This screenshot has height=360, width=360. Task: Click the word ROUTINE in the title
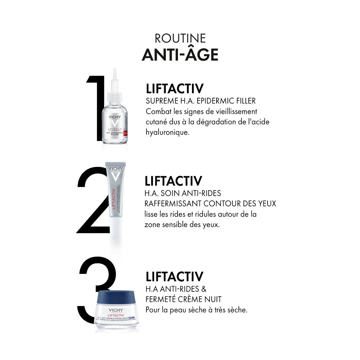pos(180,38)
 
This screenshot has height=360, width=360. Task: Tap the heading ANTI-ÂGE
pos(180,55)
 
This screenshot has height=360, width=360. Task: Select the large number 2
pos(92,204)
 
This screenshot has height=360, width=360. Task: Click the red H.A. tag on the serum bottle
pos(125,133)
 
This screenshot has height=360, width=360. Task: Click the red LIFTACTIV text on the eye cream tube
pos(113,197)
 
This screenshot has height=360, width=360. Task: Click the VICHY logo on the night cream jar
pos(116,310)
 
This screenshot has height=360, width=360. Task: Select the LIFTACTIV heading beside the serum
pos(174,89)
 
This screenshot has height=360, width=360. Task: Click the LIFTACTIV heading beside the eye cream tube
pos(173,181)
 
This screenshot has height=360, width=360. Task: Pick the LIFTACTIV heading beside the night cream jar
pos(174,277)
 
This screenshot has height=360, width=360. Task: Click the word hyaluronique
pos(165,133)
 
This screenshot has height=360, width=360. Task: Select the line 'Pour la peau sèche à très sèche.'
pos(197,310)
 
